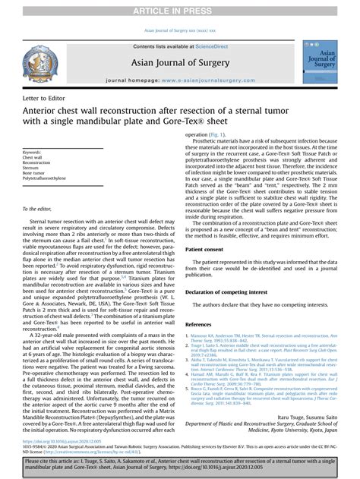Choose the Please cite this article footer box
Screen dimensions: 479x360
coord(179,464)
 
